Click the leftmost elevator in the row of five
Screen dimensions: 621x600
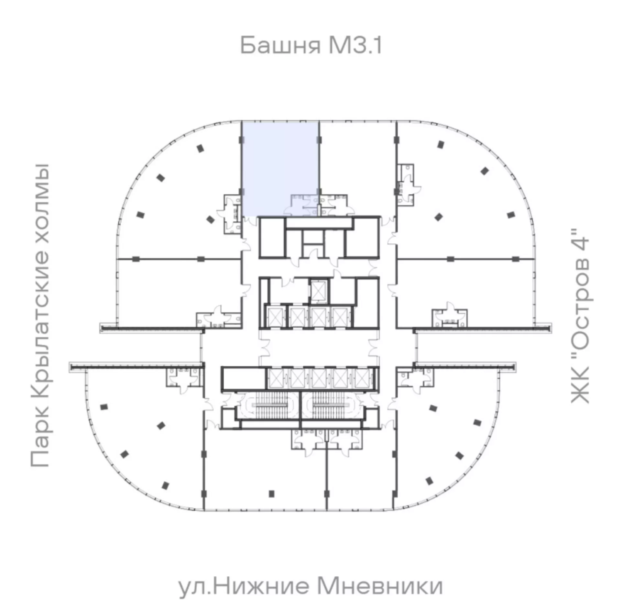pos(276,378)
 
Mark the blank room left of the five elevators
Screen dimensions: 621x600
pos(243,378)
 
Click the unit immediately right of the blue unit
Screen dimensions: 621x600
pos(357,159)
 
